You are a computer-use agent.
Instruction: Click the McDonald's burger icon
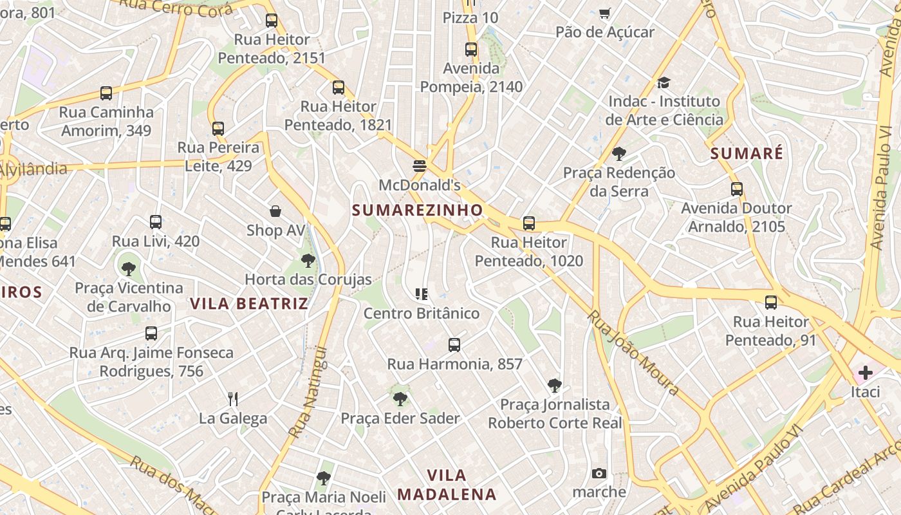[x=420, y=166]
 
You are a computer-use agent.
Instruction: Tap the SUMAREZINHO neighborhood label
[x=417, y=210]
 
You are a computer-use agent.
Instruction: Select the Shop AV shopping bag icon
[x=275, y=211]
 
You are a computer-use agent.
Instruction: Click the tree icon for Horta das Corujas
[x=308, y=261]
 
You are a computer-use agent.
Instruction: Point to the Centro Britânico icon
[x=422, y=295]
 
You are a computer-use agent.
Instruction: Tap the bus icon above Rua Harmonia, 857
[x=454, y=345]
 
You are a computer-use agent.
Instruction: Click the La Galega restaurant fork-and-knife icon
[x=233, y=399]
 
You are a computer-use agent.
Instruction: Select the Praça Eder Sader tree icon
[x=400, y=399]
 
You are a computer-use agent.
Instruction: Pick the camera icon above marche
[x=599, y=474]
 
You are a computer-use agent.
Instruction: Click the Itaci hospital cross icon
[x=865, y=373]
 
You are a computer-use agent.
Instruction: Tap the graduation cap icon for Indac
[x=664, y=82]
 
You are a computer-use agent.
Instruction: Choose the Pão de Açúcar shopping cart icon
[x=605, y=13]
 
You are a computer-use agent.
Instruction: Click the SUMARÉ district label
[x=747, y=153]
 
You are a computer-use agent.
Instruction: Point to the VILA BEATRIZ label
[x=249, y=303]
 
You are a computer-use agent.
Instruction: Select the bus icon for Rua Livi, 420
[x=156, y=222]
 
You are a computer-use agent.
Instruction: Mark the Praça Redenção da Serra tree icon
[x=619, y=154]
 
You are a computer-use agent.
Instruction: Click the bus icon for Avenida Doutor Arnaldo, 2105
[x=737, y=189]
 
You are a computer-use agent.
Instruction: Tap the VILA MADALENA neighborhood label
[x=447, y=485]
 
